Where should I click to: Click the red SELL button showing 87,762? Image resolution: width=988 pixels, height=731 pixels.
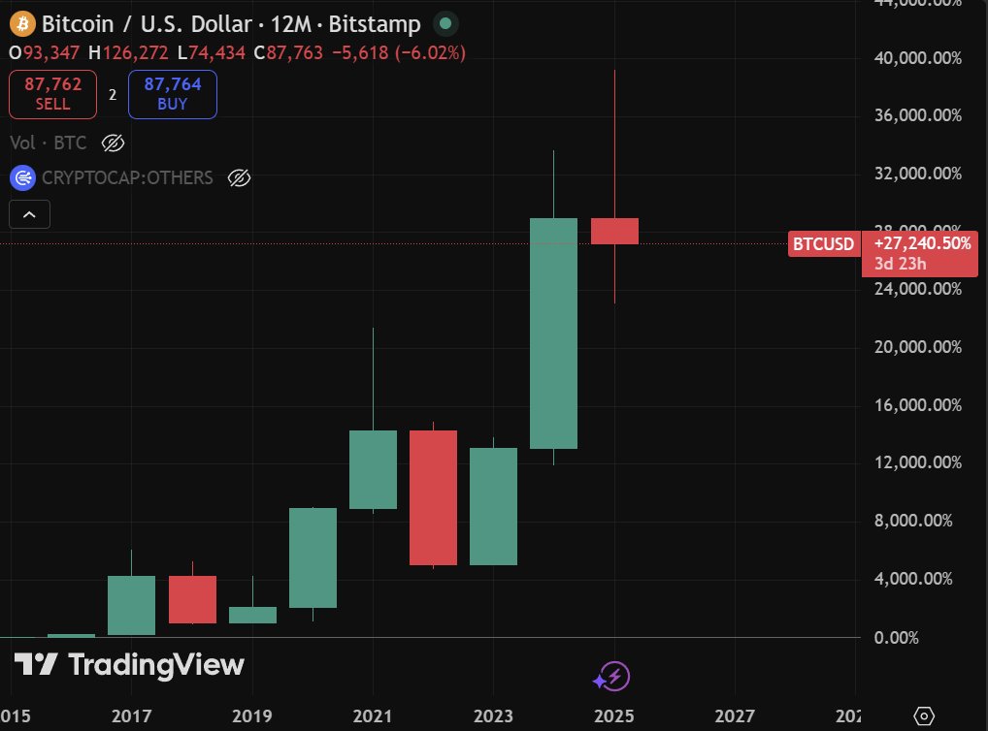[52, 94]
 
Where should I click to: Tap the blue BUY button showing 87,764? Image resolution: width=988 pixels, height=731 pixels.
[172, 94]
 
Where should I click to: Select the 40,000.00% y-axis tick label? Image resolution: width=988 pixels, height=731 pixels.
[916, 58]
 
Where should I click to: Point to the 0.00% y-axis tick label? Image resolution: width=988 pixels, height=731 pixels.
[937, 637]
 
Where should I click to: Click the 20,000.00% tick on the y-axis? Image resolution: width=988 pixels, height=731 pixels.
[916, 347]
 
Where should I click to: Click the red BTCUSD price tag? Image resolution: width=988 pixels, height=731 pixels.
[823, 244]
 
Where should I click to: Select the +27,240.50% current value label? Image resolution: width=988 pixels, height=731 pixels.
[922, 244]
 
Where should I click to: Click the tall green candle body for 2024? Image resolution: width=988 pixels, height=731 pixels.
[553, 333]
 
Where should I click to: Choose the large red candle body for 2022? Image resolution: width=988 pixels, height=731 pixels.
[433, 497]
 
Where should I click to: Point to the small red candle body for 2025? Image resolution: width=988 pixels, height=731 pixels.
[614, 231]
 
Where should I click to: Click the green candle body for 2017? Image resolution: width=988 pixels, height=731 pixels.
[131, 605]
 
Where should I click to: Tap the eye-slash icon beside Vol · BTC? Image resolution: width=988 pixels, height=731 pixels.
[113, 143]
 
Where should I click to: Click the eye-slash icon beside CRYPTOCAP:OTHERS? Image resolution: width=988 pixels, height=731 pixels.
[239, 177]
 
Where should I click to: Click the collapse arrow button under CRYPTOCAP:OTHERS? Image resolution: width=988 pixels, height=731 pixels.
[28, 214]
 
